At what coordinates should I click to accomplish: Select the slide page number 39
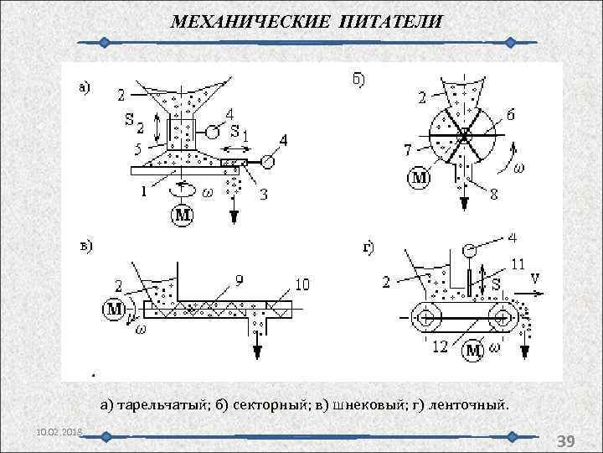coord(565,441)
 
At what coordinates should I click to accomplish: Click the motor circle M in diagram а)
coord(183,216)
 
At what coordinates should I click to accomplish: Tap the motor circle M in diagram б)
coord(419,177)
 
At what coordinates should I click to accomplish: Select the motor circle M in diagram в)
coord(115,309)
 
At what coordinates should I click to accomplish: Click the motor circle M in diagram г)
coord(474,348)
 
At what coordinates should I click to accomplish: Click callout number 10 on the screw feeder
coord(301,285)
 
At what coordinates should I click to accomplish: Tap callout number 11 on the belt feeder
coord(518,263)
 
